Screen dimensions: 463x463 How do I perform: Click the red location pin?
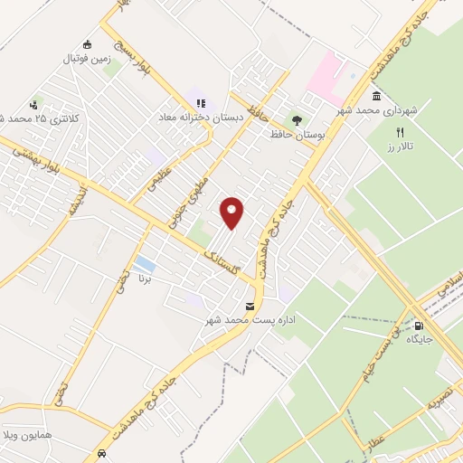(x=232, y=212)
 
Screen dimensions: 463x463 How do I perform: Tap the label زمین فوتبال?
(x=85, y=59)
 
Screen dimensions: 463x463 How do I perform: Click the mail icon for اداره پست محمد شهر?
(x=250, y=307)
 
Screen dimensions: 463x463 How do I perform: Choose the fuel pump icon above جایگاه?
(x=419, y=326)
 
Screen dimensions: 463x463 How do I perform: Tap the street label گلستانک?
(x=221, y=259)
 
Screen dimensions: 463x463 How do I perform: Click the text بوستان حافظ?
(x=296, y=134)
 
